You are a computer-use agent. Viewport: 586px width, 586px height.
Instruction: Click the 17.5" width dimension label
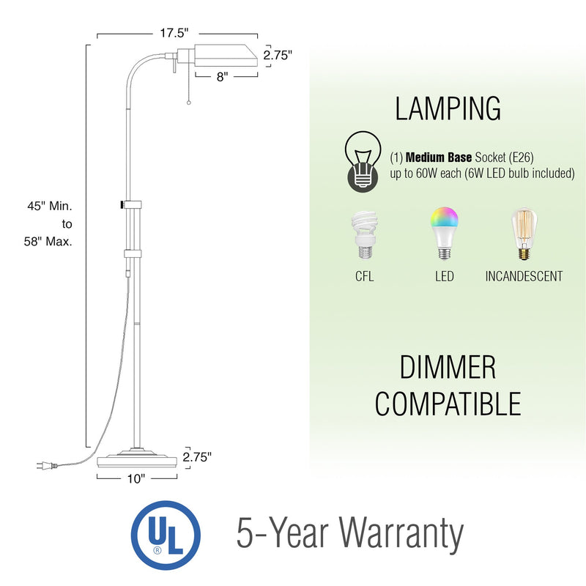[176, 33]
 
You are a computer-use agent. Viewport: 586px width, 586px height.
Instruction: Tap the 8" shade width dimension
[222, 75]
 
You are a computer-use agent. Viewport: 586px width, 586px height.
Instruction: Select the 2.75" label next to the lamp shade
[278, 54]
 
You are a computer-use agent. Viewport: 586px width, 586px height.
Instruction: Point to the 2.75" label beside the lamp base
[198, 456]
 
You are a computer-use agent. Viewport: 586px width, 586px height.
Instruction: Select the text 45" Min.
[51, 207]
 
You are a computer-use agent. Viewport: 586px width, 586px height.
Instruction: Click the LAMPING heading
[448, 108]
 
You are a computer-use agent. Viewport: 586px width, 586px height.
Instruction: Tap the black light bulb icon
[363, 161]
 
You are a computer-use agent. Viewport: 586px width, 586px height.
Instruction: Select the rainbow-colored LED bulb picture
[444, 232]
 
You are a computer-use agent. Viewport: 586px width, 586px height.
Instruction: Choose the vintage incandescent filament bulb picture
[524, 234]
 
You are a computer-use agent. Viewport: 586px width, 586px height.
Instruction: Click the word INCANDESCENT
[524, 276]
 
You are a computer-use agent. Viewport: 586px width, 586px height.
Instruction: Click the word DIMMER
[448, 368]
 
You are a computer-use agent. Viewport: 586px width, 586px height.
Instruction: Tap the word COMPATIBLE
[448, 404]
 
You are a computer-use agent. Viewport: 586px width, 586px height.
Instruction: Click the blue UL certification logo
[165, 534]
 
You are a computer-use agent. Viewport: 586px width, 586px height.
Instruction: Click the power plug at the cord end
[42, 465]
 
